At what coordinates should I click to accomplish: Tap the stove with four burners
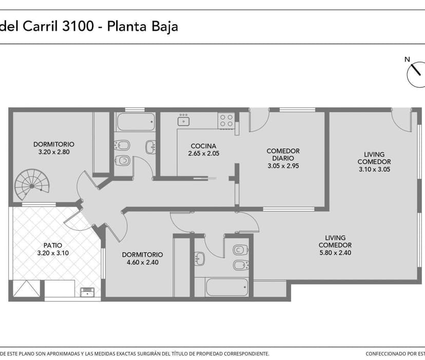[x=226, y=121]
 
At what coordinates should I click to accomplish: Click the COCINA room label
[x=203, y=146]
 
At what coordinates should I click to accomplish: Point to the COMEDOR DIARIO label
[x=283, y=155]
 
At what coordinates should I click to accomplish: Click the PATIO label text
[x=53, y=246]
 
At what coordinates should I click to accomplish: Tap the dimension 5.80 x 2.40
[x=335, y=253]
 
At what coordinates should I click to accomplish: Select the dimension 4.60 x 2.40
[x=143, y=262]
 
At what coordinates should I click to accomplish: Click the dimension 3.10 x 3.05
[x=374, y=169]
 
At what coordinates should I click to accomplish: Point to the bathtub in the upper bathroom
[x=136, y=122]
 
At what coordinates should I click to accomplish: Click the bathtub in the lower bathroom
[x=227, y=287]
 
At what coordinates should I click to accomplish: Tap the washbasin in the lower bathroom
[x=200, y=258]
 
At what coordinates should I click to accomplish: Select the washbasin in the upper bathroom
[x=151, y=147]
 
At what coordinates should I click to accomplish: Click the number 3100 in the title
[x=78, y=26]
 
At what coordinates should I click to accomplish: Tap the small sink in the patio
[x=87, y=292]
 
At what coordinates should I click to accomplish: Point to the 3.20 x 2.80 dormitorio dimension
[x=54, y=152]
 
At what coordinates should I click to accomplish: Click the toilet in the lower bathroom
[x=240, y=249]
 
